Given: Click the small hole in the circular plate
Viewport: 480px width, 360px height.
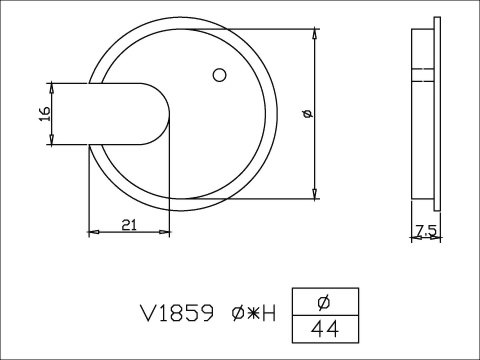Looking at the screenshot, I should (219, 74).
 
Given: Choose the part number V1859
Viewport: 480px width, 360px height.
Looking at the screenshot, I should (176, 313).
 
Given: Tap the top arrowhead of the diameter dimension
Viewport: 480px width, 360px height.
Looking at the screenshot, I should (315, 35).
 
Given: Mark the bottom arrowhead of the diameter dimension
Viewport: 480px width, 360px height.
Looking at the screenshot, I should (315, 193).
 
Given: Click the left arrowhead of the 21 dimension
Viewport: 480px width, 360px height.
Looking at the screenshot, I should (94, 232).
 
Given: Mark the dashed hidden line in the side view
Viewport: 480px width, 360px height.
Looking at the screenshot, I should (424, 71).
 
